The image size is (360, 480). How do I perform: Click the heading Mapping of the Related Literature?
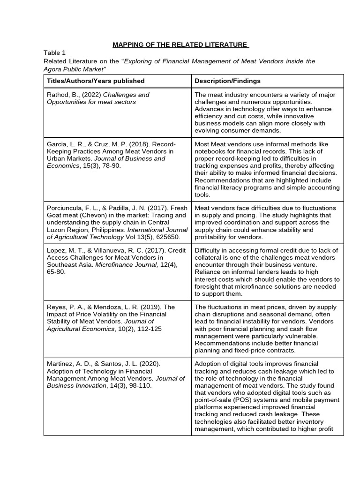coord(180,45)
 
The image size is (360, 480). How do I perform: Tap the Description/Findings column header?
coord(227,81)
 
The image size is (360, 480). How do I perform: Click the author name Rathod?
coord(58,95)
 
